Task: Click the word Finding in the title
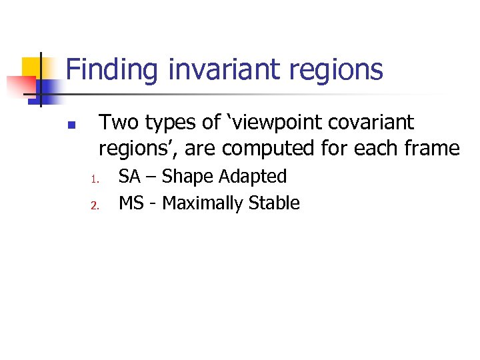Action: [x=112, y=70]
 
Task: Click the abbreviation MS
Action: [x=131, y=203]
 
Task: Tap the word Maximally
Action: [x=203, y=203]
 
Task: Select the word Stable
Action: [x=274, y=203]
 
